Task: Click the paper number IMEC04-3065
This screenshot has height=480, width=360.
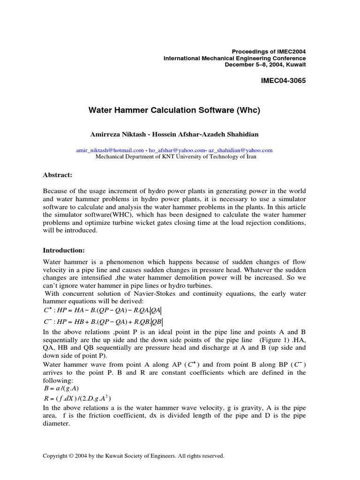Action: coord(283,81)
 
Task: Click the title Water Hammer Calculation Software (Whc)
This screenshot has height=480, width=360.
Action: coord(174,111)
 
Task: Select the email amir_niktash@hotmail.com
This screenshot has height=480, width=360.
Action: coord(110,150)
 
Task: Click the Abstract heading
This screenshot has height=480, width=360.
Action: coord(58,174)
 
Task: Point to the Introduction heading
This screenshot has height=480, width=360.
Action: coord(63,250)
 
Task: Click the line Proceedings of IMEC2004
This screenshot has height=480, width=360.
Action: coord(269,51)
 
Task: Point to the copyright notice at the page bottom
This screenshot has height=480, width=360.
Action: coord(134,455)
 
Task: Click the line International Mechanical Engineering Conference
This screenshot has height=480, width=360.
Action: coord(234,58)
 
